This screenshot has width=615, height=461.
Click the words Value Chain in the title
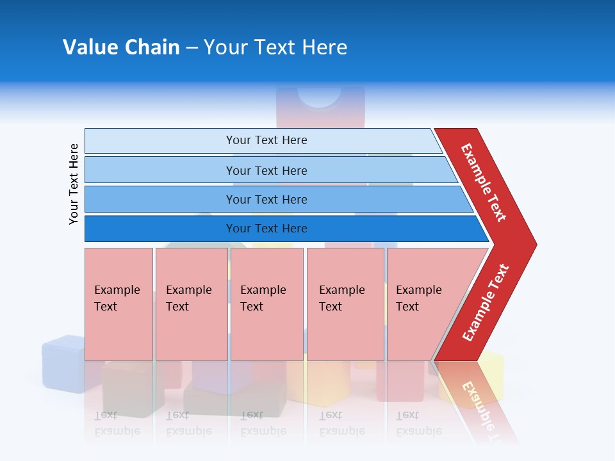point(121,47)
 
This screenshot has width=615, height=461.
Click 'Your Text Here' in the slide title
point(275,47)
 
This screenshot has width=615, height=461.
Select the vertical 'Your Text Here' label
point(74,184)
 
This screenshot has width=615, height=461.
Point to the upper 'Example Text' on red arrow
point(484,182)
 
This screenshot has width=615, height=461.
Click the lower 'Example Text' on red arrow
point(486,302)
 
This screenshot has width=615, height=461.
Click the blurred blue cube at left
point(62,362)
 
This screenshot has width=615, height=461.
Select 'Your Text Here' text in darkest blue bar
point(266,229)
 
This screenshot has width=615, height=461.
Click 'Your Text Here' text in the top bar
point(266,140)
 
